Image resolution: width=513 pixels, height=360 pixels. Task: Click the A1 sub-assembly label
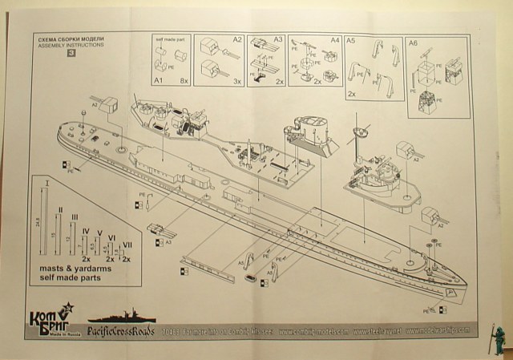(158, 82)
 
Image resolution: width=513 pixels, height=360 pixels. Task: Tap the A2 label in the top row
(237, 38)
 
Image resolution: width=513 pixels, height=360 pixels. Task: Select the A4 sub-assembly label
(335, 38)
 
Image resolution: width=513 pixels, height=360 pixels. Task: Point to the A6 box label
(413, 41)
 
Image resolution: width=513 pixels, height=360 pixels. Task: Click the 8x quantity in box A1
(184, 82)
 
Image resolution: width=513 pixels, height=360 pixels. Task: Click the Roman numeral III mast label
(74, 217)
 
